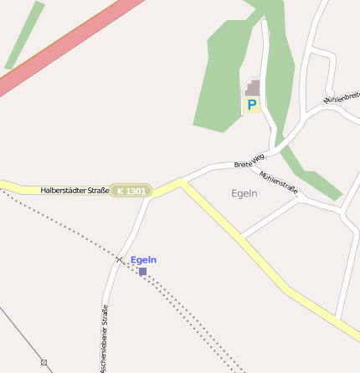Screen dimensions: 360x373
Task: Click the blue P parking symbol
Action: (251, 105)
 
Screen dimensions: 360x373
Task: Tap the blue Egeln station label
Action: (143, 260)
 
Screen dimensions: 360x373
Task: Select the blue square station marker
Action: (142, 272)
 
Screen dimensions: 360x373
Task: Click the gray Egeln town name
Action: (244, 193)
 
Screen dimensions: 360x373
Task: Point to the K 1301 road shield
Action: (131, 192)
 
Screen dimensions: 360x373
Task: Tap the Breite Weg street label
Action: (249, 158)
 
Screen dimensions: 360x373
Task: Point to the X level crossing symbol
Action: (119, 259)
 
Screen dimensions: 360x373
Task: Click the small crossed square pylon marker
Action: (44, 363)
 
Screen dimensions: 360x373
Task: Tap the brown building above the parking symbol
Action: (253, 88)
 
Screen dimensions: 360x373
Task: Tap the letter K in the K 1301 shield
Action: (121, 192)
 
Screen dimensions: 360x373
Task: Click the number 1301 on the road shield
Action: (136, 192)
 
